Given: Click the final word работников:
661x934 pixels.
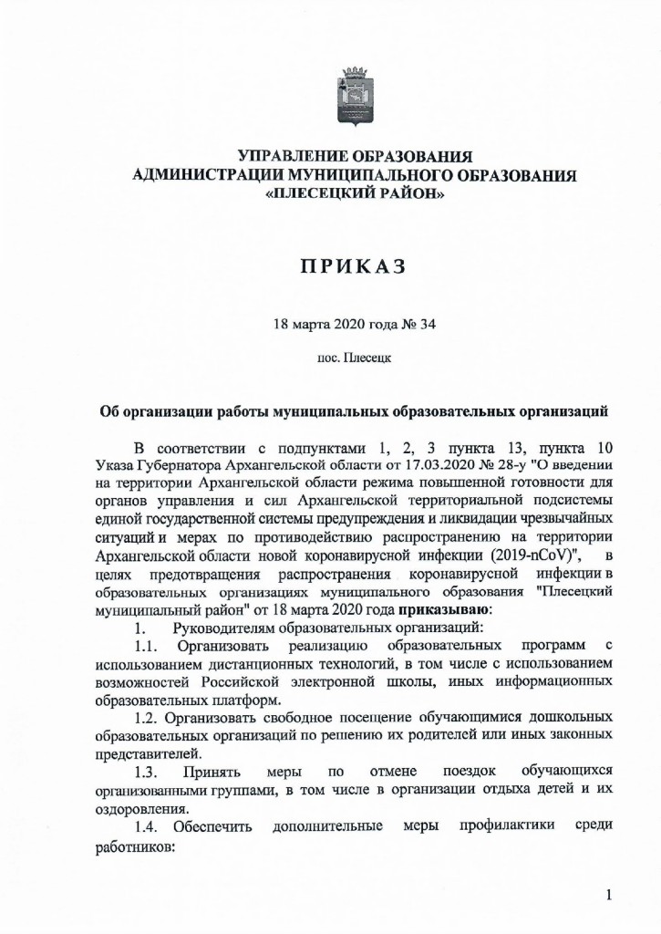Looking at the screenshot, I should (132, 846).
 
